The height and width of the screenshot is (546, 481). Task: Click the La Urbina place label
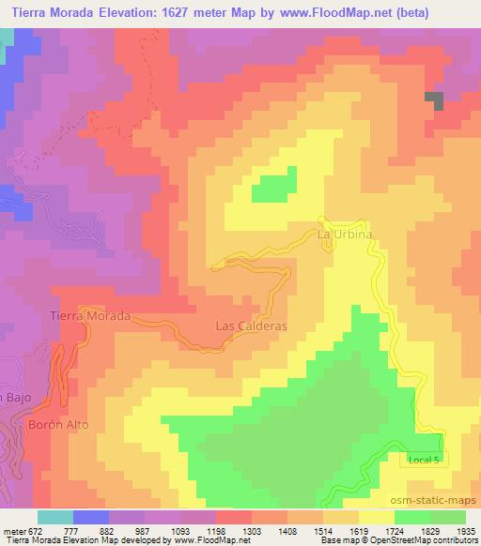(x=345, y=233)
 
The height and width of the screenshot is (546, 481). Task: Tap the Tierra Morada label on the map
(x=89, y=317)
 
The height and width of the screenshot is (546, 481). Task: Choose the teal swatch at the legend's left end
(x=54, y=517)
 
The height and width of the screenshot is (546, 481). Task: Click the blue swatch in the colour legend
(x=89, y=517)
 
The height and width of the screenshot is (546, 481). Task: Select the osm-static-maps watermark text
(x=433, y=498)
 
